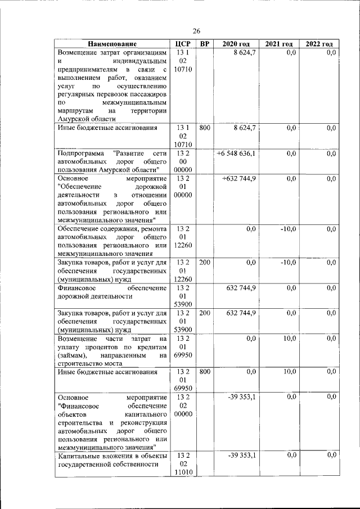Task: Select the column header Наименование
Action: pos(112,44)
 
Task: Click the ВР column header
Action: pos(205,44)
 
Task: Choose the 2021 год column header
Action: pos(279,44)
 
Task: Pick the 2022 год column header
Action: pos(319,44)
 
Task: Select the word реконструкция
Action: pos(142,422)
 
